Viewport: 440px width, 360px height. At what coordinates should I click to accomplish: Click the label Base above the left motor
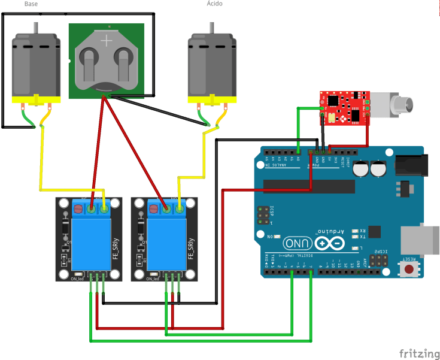30,4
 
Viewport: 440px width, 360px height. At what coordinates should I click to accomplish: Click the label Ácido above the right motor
215,4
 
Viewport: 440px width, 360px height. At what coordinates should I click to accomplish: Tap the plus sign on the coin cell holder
107,41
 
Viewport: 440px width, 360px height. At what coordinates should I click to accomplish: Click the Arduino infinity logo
329,243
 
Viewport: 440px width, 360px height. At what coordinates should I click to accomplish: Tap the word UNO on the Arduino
298,244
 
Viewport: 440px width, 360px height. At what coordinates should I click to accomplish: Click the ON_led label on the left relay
77,279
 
